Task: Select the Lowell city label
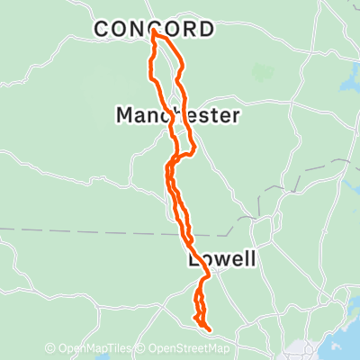point(222,260)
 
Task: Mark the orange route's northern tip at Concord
point(154,32)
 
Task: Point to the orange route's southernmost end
point(208,329)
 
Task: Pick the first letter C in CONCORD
point(103,30)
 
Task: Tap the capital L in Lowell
point(193,260)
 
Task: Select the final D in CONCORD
point(207,30)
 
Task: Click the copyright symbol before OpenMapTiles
point(50,349)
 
